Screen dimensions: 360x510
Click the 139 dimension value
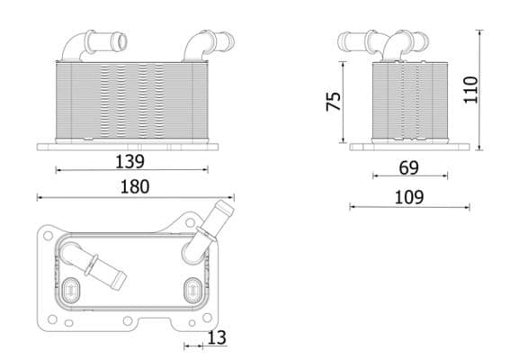pos(130,161)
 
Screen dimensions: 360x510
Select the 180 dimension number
pos(135,187)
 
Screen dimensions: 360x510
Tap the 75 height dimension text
pos(333,101)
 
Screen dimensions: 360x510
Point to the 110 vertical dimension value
pos(470,89)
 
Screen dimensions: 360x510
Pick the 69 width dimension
pos(408,167)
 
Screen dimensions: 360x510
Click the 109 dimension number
pos(409,197)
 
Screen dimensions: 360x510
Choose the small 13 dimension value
pos(216,337)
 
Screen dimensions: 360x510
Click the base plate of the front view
pos(127,145)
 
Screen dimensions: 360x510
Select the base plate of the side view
pos(409,146)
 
